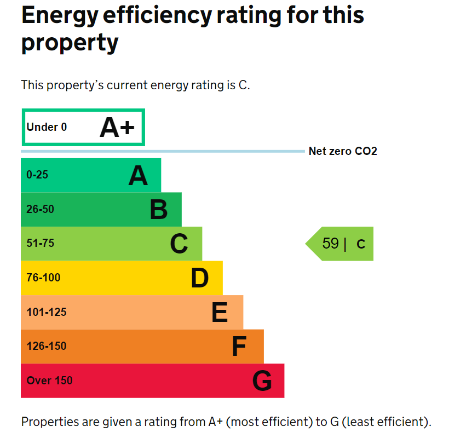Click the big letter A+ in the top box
click(x=117, y=128)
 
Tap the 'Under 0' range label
click(x=47, y=128)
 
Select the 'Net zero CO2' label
click(x=343, y=151)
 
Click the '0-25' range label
click(x=37, y=175)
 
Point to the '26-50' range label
click(x=40, y=209)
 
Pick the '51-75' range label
click(x=40, y=243)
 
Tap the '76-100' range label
click(x=43, y=278)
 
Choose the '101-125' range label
click(x=47, y=312)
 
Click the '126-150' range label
click(x=47, y=346)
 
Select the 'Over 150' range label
click(x=49, y=381)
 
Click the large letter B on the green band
click(x=159, y=210)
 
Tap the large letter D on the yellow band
click(x=200, y=278)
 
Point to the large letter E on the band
click(x=220, y=313)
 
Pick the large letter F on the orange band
click(x=239, y=347)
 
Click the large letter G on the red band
click(x=262, y=381)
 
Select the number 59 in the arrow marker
click(x=330, y=244)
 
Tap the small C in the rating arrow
click(x=361, y=244)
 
